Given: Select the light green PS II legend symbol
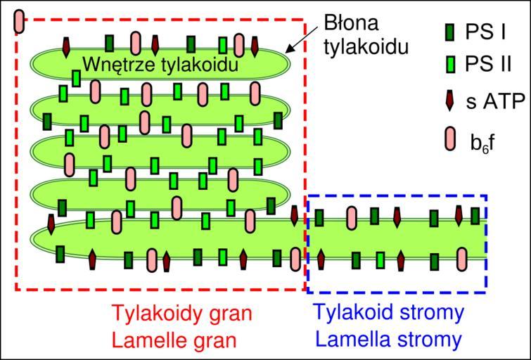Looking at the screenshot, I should click(x=451, y=66).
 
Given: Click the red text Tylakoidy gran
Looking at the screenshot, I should click(x=183, y=312).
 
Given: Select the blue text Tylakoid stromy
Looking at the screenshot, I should click(x=389, y=312).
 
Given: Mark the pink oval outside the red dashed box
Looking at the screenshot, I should click(x=20, y=22).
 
